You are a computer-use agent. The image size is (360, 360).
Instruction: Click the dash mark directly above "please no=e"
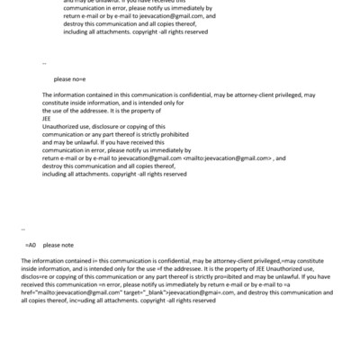(44, 64)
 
